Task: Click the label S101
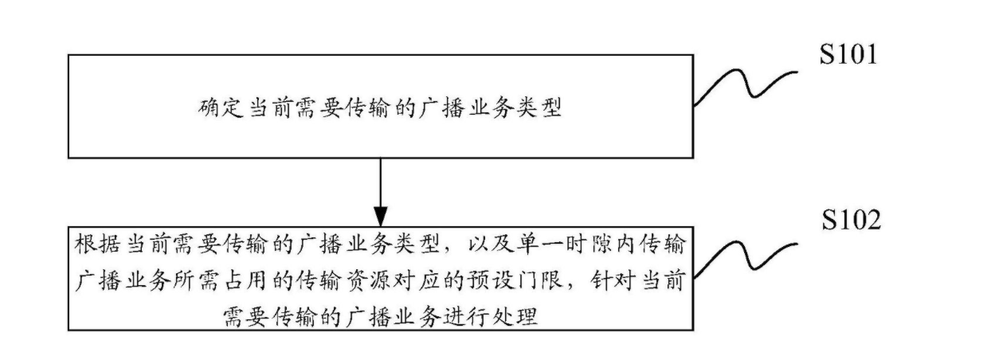point(848,55)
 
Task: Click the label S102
point(851,220)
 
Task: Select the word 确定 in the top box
point(221,108)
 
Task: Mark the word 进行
point(466,317)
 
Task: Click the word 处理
point(515,317)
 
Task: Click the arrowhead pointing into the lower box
point(381,217)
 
